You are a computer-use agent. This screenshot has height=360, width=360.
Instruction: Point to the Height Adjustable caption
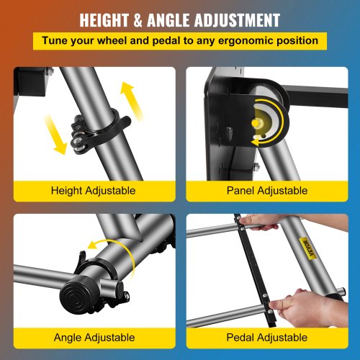tap(94, 191)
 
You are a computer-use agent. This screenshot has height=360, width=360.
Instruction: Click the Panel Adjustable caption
tap(267, 191)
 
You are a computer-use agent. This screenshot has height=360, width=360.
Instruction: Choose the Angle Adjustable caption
tap(94, 337)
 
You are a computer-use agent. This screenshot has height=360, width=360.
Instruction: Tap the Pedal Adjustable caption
tap(267, 337)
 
